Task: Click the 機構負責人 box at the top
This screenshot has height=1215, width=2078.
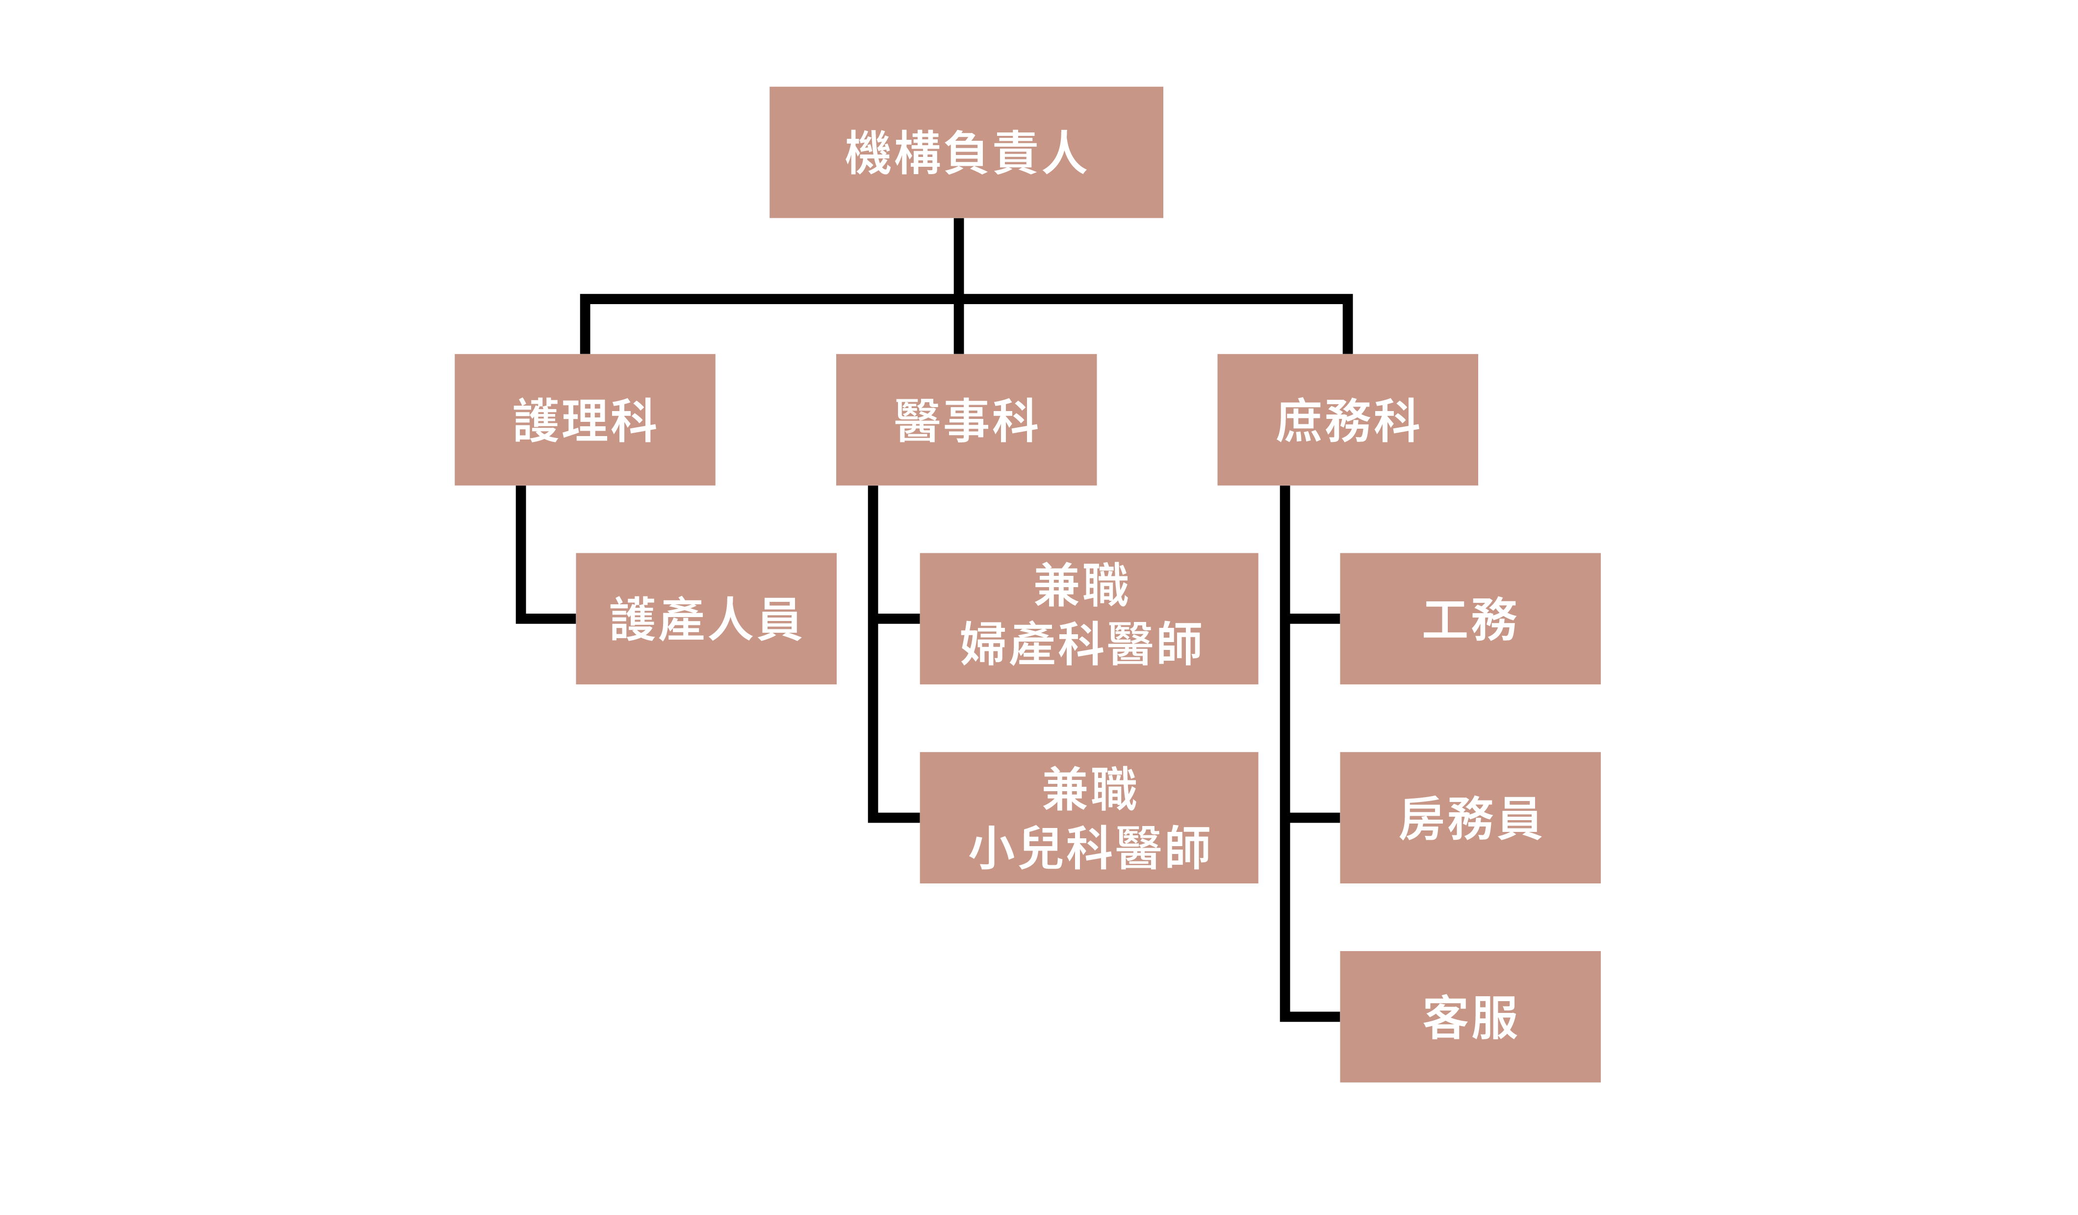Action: [966, 153]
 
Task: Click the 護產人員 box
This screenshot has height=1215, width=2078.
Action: [706, 619]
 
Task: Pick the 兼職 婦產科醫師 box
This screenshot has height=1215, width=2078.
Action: [1088, 619]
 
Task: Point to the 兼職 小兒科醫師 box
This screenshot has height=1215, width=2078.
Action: [1088, 817]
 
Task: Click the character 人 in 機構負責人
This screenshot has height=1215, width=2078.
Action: [1064, 153]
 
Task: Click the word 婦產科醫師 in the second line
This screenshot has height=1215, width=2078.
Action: [1081, 644]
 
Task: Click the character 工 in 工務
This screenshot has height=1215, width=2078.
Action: [1445, 619]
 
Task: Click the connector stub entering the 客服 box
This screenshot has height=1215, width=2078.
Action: [1313, 1016]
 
